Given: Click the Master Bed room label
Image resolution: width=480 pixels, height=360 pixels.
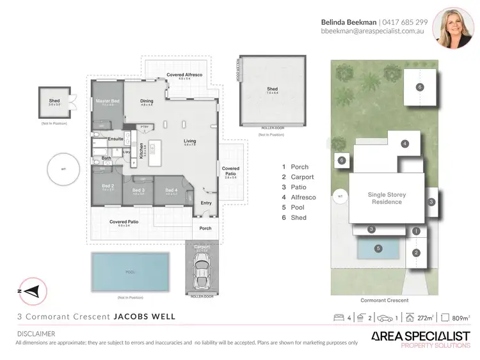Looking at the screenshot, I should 108,101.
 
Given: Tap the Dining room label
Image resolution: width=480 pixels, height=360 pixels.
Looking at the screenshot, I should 147,101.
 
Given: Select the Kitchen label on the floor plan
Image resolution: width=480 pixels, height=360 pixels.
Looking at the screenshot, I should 142,151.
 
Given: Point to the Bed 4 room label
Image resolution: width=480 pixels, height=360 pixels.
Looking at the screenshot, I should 171,190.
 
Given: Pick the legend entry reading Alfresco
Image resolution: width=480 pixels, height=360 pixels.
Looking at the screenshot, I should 303,197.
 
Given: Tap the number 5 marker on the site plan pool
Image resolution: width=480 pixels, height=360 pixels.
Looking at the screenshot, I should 378,248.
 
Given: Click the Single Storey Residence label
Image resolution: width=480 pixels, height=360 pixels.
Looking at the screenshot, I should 387,198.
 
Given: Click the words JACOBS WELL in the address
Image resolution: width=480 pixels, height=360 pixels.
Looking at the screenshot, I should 145,317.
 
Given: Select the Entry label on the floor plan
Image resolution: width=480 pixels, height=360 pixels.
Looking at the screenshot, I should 206,203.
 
